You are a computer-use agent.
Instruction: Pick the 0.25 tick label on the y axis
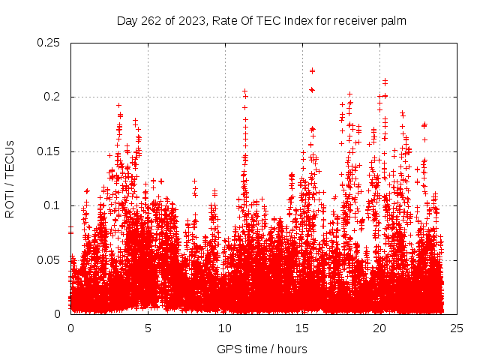[49, 43]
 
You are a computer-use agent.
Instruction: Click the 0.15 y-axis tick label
[49, 151]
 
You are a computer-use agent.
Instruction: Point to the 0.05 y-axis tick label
[49, 259]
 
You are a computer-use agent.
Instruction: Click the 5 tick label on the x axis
[148, 328]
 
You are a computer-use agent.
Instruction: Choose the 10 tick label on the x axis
[225, 328]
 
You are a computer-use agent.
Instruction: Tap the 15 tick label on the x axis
[302, 328]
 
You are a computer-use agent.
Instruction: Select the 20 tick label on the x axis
[379, 328]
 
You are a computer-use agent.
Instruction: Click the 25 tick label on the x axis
[457, 328]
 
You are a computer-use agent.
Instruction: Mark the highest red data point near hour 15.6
[312, 70]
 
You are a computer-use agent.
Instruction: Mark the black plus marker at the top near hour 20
[385, 81]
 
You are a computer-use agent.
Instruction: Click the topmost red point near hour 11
[244, 91]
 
